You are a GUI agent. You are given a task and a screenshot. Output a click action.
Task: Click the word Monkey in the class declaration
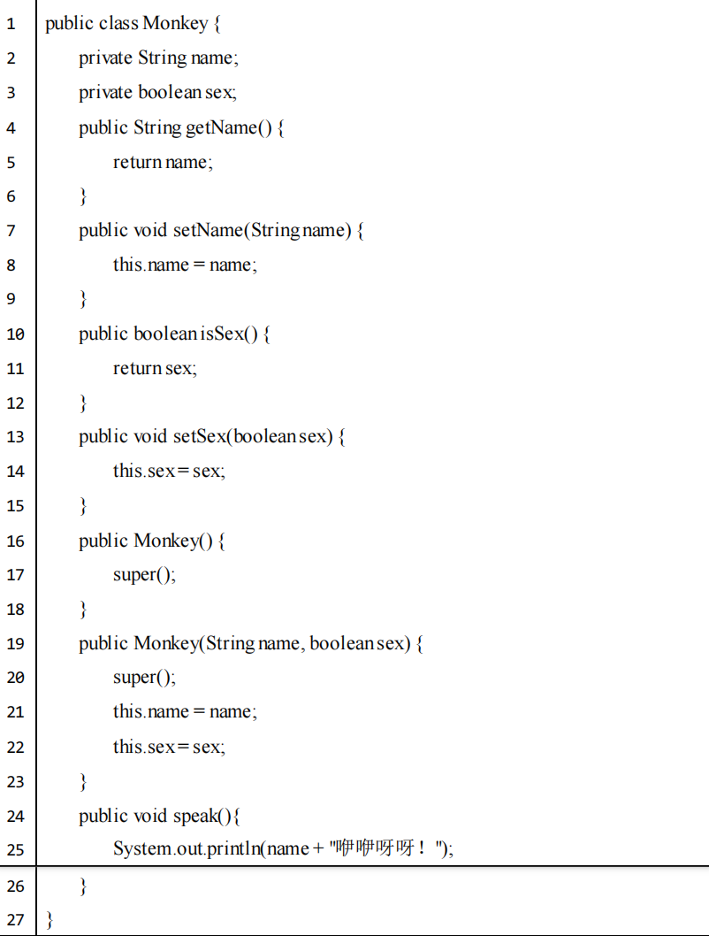[175, 24]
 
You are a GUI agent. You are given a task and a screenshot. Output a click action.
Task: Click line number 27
[15, 919]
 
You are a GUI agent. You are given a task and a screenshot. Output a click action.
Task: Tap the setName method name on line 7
[207, 230]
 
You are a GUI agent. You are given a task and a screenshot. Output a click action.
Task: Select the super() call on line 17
[143, 574]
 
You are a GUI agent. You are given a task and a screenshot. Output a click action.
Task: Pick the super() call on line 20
[143, 678]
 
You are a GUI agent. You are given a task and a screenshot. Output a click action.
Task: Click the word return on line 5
[137, 162]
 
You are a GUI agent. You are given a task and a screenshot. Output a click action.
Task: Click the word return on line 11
[137, 368]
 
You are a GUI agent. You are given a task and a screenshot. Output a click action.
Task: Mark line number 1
[11, 24]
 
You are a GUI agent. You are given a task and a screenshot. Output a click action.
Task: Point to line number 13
[15, 437]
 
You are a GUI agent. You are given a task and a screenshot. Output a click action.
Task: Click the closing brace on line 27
[50, 919]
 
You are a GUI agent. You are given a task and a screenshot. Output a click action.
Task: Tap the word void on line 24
[149, 815]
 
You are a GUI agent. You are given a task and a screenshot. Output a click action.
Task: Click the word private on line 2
[105, 58]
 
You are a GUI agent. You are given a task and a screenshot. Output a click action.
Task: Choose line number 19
[15, 643]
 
